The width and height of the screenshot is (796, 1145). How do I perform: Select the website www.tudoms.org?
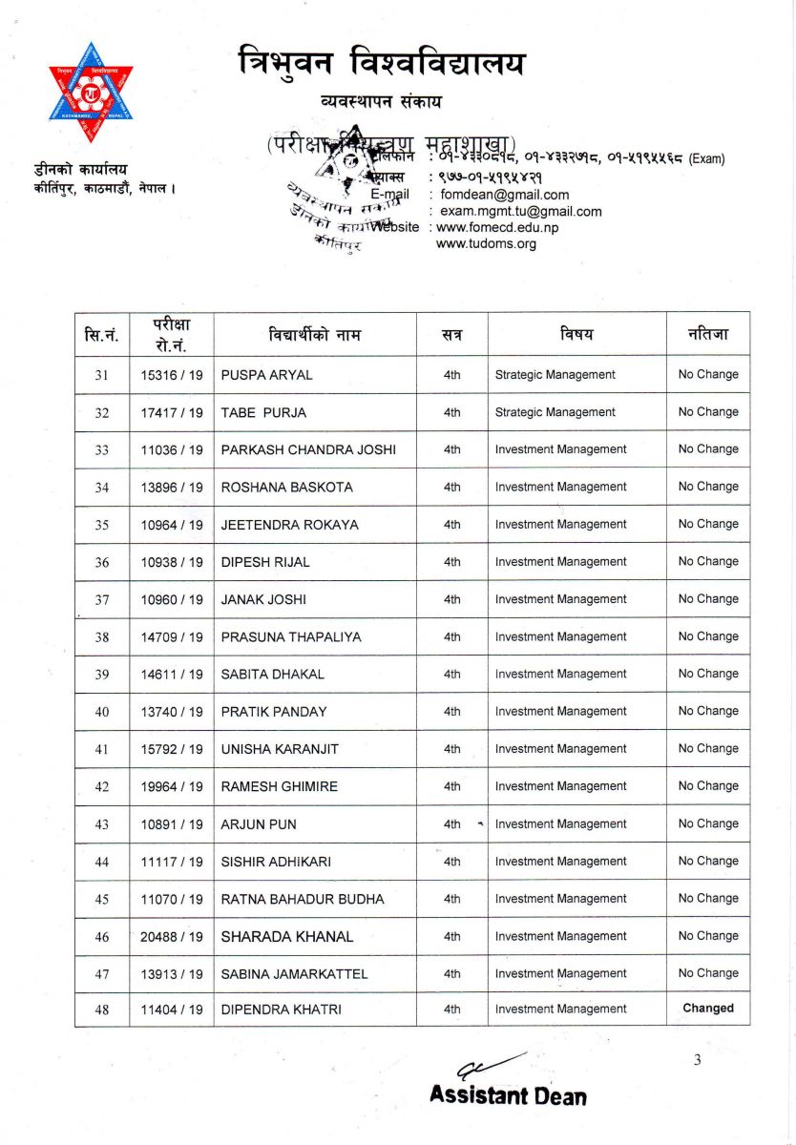[486, 243]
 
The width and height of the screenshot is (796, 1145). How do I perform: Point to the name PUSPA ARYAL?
[266, 375]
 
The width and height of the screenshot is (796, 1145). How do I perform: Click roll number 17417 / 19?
[172, 412]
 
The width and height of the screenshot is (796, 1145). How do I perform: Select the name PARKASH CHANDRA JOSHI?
[308, 449]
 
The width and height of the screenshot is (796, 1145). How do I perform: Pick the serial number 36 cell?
[102, 562]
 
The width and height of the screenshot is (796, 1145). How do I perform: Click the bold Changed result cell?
[708, 1008]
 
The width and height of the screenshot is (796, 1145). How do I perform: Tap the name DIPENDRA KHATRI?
[281, 1009]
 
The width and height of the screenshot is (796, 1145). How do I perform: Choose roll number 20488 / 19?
[172, 937]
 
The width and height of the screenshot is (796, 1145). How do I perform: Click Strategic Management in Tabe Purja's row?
[555, 412]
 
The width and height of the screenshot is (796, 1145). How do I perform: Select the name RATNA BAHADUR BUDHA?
[303, 899]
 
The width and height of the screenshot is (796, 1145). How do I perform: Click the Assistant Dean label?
[508, 1095]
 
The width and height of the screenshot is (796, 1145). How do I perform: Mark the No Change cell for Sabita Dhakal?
[708, 674]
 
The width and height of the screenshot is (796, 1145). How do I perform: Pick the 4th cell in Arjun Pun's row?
[451, 823]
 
